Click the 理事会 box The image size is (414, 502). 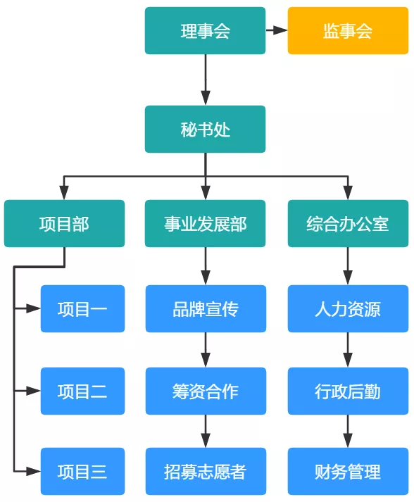pyautogui.click(x=205, y=31)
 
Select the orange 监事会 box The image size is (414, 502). pyautogui.click(x=348, y=31)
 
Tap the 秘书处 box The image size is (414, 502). pyautogui.click(x=205, y=129)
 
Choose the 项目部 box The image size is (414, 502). pyautogui.click(x=64, y=223)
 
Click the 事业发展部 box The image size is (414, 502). pyautogui.click(x=205, y=223)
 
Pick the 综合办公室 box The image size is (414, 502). pyautogui.click(x=348, y=223)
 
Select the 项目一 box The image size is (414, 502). pyautogui.click(x=82, y=308)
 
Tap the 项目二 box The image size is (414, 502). pyautogui.click(x=82, y=391)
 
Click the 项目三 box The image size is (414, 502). pyautogui.click(x=82, y=471)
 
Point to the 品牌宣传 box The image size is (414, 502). pyautogui.click(x=206, y=308)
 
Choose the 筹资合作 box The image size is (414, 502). pyautogui.click(x=206, y=391)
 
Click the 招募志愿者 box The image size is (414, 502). pyautogui.click(x=206, y=471)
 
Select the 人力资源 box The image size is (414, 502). pyautogui.click(x=348, y=308)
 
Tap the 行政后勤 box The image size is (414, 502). pyautogui.click(x=348, y=391)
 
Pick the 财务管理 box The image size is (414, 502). pyautogui.click(x=348, y=471)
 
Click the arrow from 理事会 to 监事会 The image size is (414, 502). pyautogui.click(x=277, y=30)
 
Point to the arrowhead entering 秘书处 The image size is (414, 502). pyautogui.click(x=206, y=99)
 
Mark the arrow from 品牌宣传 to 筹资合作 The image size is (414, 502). pyautogui.click(x=206, y=350)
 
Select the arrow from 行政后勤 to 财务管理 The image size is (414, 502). pyautogui.click(x=348, y=432)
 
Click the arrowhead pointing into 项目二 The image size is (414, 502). pyautogui.click(x=33, y=391)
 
